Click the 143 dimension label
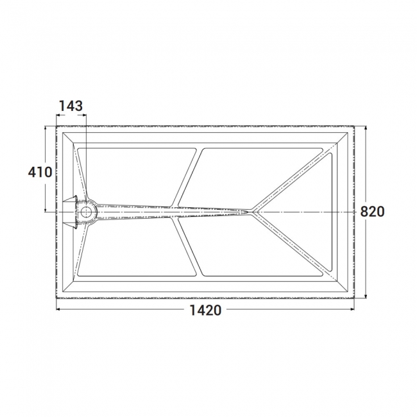[x=71, y=106]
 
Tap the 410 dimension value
[x=40, y=172]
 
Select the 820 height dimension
[x=372, y=212]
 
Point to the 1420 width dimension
[x=205, y=310]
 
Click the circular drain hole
[x=86, y=212]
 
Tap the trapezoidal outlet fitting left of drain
[x=70, y=212]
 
